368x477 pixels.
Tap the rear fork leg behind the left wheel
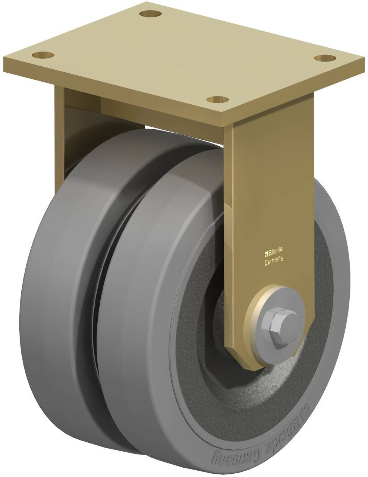pos(63,123)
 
